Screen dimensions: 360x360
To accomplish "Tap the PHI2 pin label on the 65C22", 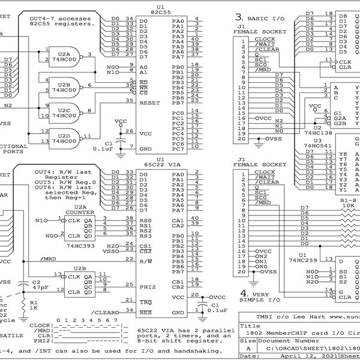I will point(147,286).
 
